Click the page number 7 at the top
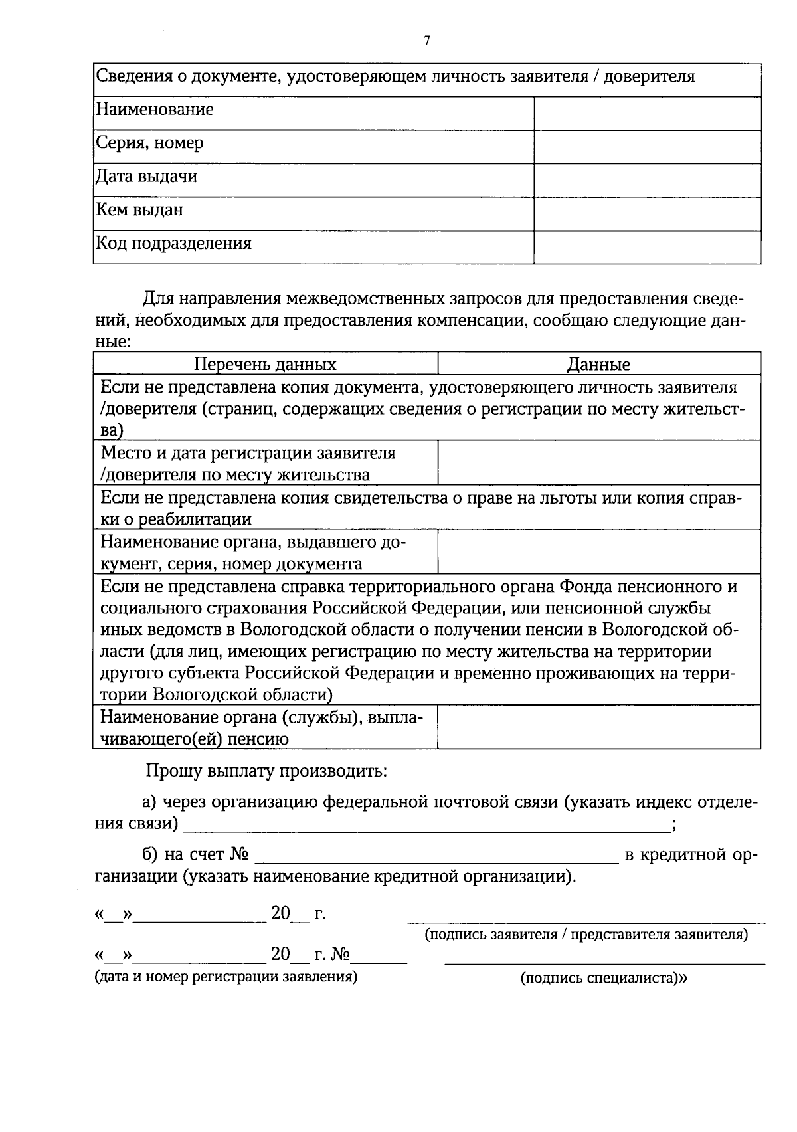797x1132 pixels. [427, 41]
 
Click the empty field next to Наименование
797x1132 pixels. [647, 114]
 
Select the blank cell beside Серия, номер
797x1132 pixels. [647, 147]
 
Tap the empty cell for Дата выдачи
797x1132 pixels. [647, 180]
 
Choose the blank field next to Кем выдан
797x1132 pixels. [647, 214]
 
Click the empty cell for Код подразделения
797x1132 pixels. [647, 247]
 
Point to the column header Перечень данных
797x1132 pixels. [265, 364]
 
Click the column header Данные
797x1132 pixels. [598, 364]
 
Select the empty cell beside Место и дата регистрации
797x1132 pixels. [599, 463]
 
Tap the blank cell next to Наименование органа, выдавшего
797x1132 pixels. [599, 552]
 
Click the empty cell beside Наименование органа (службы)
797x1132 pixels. [599, 727]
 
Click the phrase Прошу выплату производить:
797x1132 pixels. [266, 771]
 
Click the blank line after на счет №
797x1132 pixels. [436, 856]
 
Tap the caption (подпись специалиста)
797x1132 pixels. [604, 978]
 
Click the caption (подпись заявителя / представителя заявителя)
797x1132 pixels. [586, 935]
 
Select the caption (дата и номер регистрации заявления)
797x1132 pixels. [226, 977]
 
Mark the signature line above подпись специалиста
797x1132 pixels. [604, 962]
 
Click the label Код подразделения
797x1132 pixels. [174, 243]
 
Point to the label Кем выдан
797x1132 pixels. [139, 210]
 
